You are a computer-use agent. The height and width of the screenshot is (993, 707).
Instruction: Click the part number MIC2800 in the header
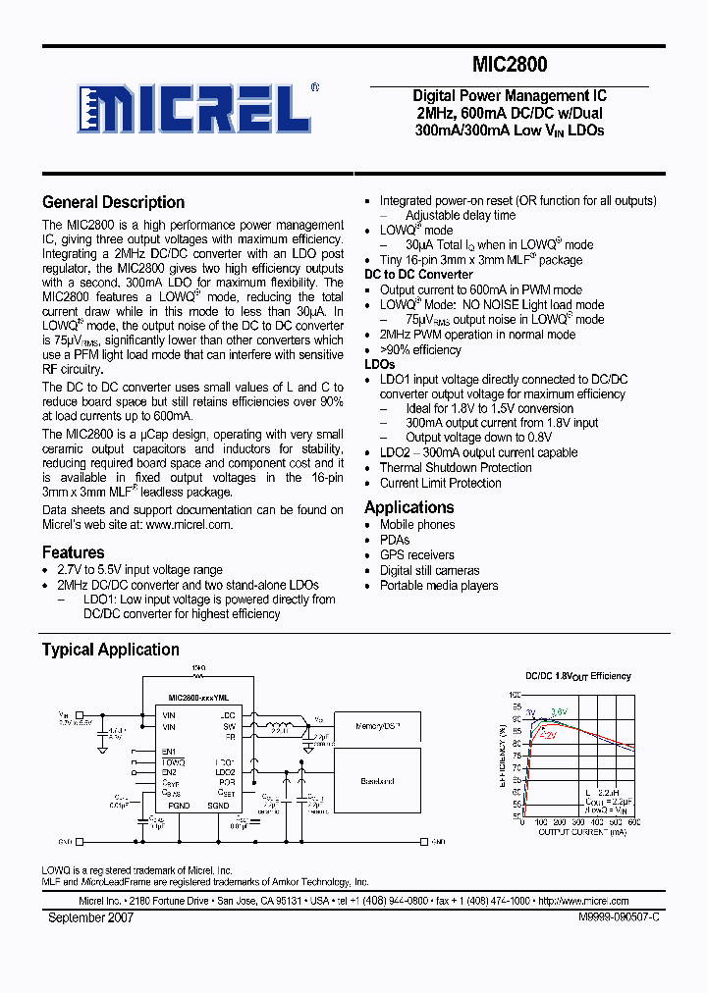(510, 66)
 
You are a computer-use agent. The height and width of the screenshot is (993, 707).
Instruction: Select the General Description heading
(113, 202)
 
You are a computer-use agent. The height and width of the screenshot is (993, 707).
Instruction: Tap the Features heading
(73, 552)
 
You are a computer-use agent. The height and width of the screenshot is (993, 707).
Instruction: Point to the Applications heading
(408, 507)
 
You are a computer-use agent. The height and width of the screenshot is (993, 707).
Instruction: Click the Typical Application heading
(110, 650)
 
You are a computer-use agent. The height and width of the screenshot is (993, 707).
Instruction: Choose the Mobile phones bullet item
(416, 525)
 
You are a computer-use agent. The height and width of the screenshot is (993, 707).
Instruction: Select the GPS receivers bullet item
(416, 555)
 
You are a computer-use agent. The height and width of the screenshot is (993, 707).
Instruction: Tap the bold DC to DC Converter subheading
(418, 275)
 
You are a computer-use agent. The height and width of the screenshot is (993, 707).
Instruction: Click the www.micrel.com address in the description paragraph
(189, 524)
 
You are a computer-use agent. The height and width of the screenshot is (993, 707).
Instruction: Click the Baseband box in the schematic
(378, 781)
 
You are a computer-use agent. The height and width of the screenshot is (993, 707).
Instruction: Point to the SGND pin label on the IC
(217, 806)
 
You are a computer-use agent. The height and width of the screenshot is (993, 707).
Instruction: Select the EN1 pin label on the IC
(169, 752)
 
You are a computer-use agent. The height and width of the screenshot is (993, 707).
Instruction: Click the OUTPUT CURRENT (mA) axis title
(581, 832)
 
